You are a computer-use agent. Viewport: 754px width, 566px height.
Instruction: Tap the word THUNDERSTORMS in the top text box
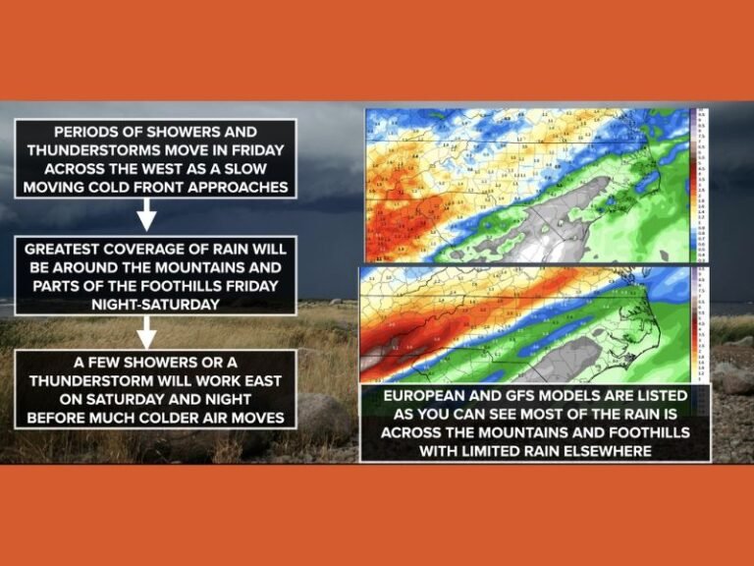pyautogui.click(x=93, y=150)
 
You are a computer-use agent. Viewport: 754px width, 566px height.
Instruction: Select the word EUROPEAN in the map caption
pyautogui.click(x=422, y=396)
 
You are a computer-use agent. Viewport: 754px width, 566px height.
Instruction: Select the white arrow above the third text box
pyautogui.click(x=146, y=334)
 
